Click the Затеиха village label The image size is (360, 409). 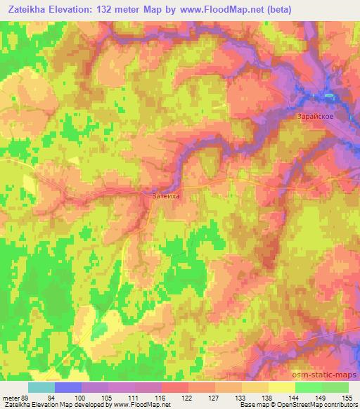pyautogui.click(x=167, y=197)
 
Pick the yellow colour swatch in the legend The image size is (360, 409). pyautogui.click(x=281, y=387)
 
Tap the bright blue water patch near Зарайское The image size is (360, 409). pyautogui.click(x=328, y=94)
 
